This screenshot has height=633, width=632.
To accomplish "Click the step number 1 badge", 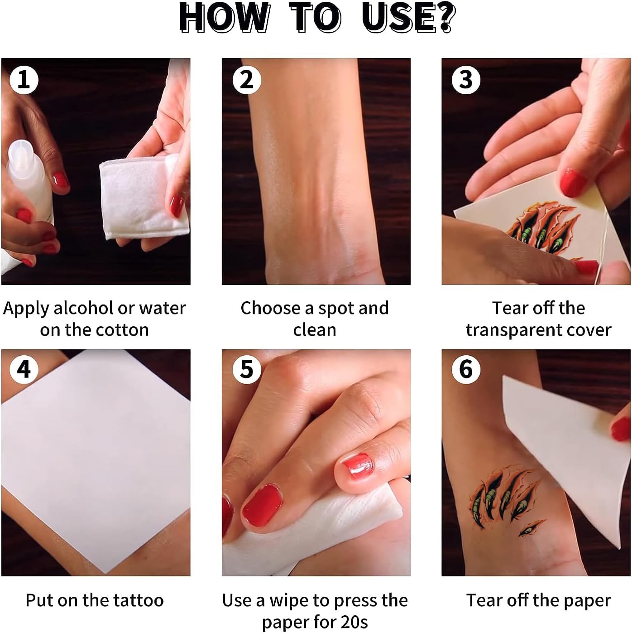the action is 24,80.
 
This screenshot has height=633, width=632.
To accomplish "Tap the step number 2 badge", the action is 247,80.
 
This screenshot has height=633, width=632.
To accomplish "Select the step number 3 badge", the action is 466,80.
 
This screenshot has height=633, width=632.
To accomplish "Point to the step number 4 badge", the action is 24,370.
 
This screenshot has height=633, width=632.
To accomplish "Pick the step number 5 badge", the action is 247,370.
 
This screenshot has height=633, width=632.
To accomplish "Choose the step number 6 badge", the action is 466,370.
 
